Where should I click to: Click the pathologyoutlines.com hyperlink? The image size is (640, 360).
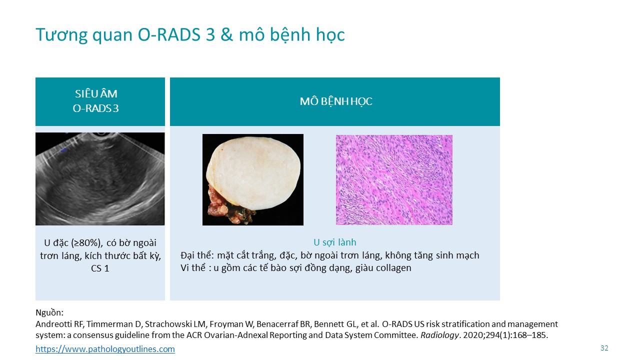pyautogui.click(x=105, y=349)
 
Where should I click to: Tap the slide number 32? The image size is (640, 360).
pyautogui.click(x=604, y=348)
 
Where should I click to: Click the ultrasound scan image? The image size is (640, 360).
pyautogui.click(x=100, y=179)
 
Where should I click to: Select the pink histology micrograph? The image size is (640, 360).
pyautogui.click(x=394, y=179)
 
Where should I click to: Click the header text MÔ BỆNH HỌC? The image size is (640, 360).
pyautogui.click(x=336, y=101)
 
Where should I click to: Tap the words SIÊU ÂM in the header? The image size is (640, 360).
pyautogui.click(x=96, y=93)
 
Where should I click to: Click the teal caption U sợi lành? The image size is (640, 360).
pyautogui.click(x=335, y=242)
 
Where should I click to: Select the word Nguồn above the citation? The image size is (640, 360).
pyautogui.click(x=49, y=312)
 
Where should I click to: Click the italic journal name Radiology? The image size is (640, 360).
pyautogui.click(x=439, y=335)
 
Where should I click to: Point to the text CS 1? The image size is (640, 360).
pyautogui.click(x=100, y=268)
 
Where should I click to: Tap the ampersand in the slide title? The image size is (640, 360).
pyautogui.click(x=226, y=35)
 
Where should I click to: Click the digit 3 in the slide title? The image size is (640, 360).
pyautogui.click(x=210, y=35)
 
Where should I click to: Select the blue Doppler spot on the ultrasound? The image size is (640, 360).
pyautogui.click(x=63, y=149)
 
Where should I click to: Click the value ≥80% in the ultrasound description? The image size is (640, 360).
pyautogui.click(x=86, y=243)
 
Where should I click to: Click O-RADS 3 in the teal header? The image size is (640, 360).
pyautogui.click(x=95, y=108)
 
